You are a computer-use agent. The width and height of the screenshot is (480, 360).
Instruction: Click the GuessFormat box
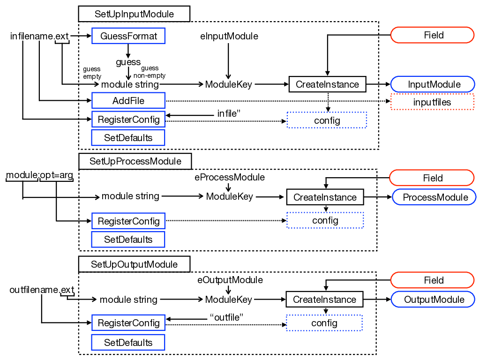tap(128, 36)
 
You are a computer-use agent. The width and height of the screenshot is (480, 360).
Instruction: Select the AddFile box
tap(128, 101)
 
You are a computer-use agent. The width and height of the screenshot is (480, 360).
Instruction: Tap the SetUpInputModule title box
tap(134, 14)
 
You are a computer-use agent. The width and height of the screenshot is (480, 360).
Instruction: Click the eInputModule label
tap(229, 36)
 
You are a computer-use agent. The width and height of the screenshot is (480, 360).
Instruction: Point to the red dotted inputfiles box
tap(432, 102)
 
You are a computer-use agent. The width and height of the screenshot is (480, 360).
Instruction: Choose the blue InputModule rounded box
tap(432, 84)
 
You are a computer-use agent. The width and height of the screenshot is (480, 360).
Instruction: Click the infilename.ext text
tap(39, 36)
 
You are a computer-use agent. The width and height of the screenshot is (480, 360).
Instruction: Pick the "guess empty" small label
tap(92, 73)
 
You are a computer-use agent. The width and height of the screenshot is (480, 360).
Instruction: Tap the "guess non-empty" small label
tap(149, 72)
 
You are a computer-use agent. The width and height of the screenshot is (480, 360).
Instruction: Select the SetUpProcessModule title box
tap(135, 161)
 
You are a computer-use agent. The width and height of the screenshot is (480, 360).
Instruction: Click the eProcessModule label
tap(230, 177)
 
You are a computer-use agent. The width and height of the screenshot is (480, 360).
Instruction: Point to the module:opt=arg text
tap(39, 175)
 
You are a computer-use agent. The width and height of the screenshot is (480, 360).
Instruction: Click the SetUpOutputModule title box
tap(134, 264)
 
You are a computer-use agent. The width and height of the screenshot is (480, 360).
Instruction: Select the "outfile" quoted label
tap(226, 317)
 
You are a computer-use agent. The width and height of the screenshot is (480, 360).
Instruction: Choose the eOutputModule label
tap(230, 280)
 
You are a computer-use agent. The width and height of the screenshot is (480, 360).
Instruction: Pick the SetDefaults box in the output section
tap(128, 342)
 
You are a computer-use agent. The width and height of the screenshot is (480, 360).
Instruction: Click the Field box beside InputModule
tap(432, 35)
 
